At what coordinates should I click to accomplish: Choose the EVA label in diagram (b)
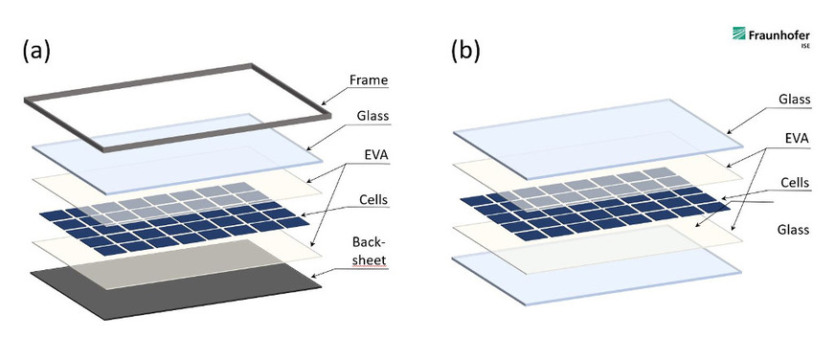pos(796,139)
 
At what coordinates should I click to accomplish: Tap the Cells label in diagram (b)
pos(795,181)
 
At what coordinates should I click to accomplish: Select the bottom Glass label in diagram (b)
pos(794,230)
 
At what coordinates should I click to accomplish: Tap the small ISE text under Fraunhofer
pos(804,45)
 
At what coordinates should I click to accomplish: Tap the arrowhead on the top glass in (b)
pos(727,134)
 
